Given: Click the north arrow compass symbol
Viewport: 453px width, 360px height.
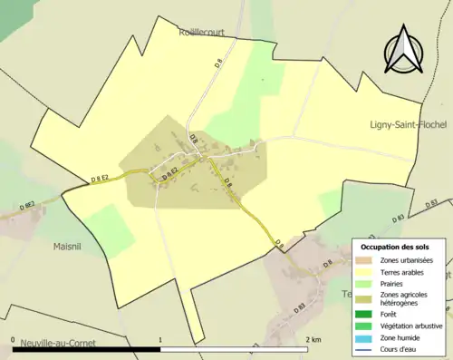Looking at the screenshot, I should [x=402, y=52].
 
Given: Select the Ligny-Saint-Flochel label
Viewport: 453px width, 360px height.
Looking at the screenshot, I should [x=409, y=125].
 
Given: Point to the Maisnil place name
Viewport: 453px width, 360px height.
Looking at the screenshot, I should [x=68, y=245].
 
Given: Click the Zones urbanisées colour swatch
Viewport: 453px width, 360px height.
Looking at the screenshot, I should [x=366, y=260].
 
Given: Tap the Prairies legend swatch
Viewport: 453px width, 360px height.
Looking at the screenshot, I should [x=366, y=283].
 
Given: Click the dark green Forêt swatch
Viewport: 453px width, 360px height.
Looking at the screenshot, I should [x=366, y=315].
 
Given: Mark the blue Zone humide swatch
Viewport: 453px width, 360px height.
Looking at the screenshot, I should [x=366, y=337].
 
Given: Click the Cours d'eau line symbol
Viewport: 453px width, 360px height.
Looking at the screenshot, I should [x=366, y=348].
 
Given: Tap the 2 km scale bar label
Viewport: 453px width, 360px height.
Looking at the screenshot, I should [x=313, y=339].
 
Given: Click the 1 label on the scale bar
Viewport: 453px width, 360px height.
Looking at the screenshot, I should [x=160, y=339].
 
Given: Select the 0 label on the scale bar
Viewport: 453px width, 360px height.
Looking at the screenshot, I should [x=14, y=339].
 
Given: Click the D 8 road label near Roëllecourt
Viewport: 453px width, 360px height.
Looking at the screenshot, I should [x=218, y=63].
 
